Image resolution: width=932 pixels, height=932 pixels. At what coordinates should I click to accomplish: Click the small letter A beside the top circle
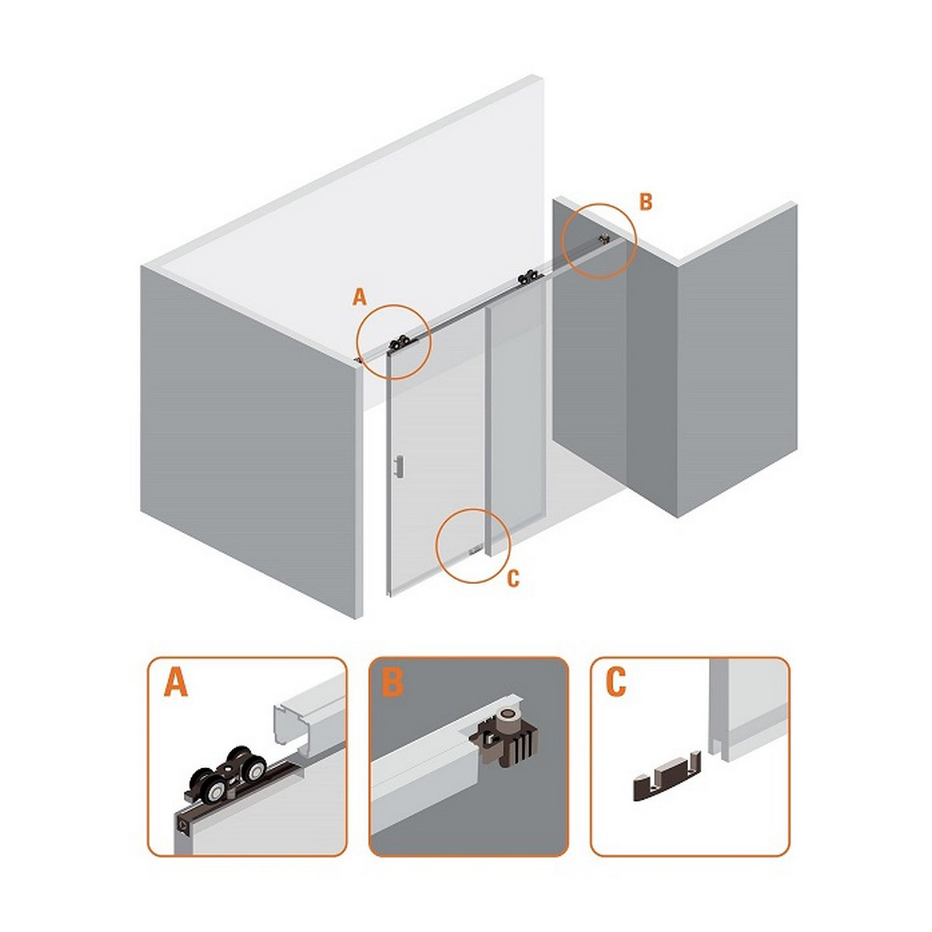(x=360, y=297)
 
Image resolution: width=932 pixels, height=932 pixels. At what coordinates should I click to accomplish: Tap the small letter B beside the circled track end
(x=645, y=202)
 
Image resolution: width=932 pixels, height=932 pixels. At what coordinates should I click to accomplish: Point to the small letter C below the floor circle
(x=513, y=579)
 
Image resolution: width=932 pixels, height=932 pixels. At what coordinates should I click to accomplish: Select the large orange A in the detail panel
(x=176, y=682)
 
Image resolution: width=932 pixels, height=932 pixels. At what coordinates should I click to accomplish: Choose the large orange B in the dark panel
(x=392, y=682)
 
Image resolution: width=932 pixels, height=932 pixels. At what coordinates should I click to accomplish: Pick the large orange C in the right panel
(x=616, y=682)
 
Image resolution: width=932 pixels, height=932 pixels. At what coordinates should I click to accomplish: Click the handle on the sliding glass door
(x=398, y=466)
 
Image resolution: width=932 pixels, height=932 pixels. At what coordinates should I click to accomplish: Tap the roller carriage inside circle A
(x=401, y=344)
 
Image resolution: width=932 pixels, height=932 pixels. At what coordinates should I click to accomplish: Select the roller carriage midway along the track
(x=530, y=277)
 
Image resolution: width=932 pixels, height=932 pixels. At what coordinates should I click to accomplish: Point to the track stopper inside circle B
(x=603, y=238)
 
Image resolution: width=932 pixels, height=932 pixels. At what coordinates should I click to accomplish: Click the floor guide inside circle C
(x=475, y=550)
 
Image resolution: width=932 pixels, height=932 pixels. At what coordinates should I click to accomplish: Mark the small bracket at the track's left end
(x=358, y=360)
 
